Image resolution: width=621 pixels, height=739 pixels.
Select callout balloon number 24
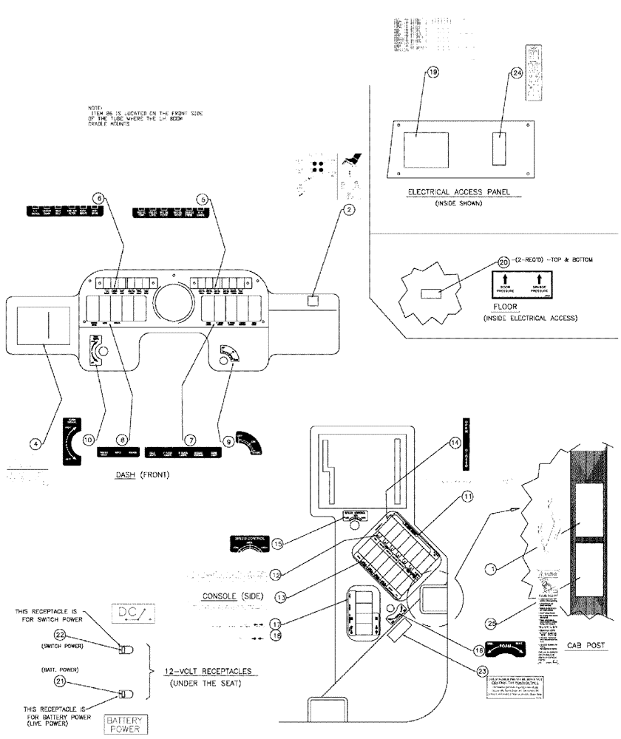point(516,72)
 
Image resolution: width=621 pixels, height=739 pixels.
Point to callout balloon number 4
point(34,444)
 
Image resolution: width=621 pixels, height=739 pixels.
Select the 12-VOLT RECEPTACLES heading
point(208,672)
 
